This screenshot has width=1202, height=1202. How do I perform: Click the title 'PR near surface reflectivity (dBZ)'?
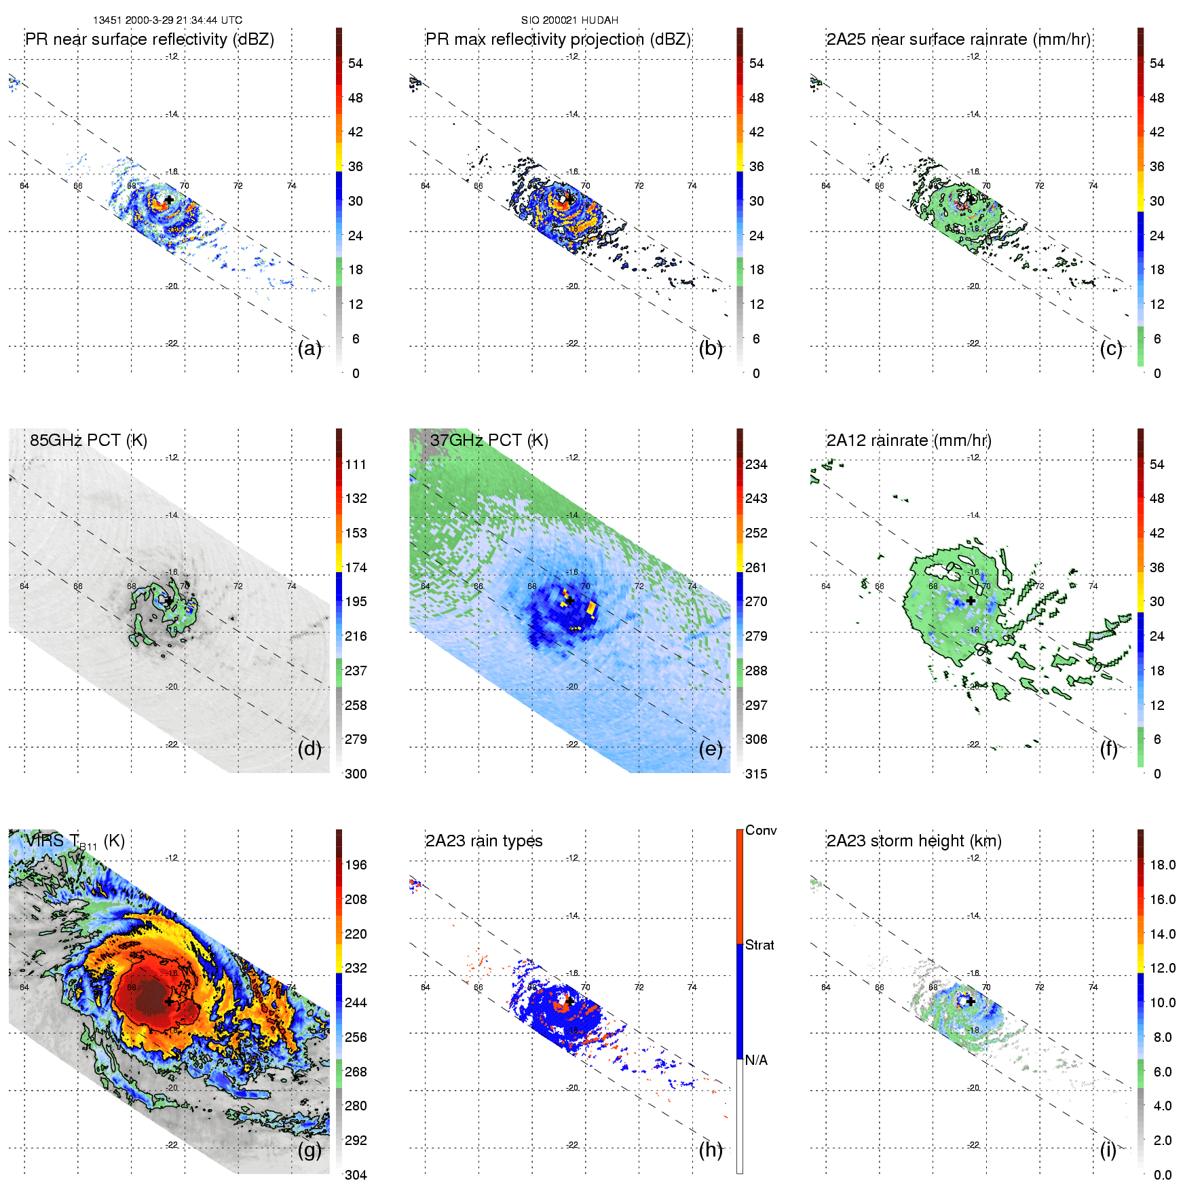[x=149, y=39]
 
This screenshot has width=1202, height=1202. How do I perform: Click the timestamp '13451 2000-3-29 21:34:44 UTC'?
[x=168, y=20]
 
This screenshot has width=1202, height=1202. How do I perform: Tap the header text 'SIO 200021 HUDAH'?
[x=569, y=20]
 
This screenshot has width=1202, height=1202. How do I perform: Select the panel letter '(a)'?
[x=309, y=349]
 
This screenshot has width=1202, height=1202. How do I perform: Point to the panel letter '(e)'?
[x=711, y=749]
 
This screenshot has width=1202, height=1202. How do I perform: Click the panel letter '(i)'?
[x=1108, y=1150]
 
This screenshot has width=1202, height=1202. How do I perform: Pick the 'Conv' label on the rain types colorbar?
[x=761, y=831]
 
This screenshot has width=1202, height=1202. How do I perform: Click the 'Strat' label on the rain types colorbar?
[x=759, y=945]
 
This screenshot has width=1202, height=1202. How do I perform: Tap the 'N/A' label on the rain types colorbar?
[x=756, y=1060]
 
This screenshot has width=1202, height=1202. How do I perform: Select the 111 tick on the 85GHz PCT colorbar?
[x=356, y=465]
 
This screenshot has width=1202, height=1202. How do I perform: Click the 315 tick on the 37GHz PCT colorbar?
[x=756, y=774]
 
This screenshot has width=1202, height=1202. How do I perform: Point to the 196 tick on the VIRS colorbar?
[x=356, y=865]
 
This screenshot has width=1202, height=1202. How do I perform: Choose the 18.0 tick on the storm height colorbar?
[x=1163, y=865]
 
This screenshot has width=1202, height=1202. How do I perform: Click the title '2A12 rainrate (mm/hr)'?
[x=909, y=440]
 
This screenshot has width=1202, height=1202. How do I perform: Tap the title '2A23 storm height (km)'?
[x=914, y=841]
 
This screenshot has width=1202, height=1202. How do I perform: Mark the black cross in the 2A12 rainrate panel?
[x=971, y=601]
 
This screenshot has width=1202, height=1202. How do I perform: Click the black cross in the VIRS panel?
[x=169, y=1001]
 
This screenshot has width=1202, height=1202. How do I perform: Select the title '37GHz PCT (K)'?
[x=489, y=440]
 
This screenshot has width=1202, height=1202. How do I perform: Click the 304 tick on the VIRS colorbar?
[x=356, y=1175]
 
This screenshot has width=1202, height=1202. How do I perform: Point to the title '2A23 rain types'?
[x=484, y=841]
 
